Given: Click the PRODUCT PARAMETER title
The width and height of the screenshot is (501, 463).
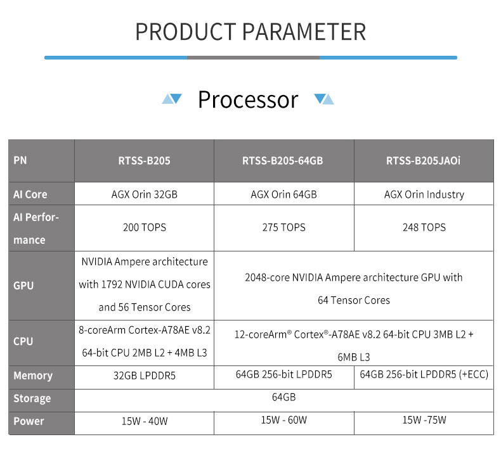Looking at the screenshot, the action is point(251,32).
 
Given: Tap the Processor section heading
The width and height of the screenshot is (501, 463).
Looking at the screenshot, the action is point(248,99).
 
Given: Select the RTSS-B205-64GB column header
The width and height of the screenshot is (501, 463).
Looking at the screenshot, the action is point(282,160).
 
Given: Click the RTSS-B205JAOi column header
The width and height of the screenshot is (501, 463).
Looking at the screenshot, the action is point(423,160).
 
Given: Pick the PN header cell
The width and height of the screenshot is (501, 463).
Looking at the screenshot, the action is point(20,160).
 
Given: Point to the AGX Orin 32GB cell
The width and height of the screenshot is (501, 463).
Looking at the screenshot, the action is point(144,194).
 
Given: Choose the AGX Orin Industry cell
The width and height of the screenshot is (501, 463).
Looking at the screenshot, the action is point(424,194).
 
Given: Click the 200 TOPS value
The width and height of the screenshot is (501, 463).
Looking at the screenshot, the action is point(145,227).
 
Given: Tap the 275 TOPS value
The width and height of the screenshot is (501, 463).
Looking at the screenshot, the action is point(283,227).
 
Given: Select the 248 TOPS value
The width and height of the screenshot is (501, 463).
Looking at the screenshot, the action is point(424,227).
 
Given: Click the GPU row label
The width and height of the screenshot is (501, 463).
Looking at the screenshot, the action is point(23,286).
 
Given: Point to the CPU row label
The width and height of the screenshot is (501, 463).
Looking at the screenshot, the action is point(23,341).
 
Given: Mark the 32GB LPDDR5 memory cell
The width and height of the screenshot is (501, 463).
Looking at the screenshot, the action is point(145,376).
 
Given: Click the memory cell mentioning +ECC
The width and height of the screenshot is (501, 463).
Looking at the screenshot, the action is point(424,374).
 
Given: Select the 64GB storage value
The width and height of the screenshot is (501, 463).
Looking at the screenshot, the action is point(283,397).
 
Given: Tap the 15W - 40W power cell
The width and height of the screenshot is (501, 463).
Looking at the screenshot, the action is point(145,421).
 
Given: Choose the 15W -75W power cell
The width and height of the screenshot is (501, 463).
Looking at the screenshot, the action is point(424,420).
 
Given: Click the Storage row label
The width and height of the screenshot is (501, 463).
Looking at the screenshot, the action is point(32,398).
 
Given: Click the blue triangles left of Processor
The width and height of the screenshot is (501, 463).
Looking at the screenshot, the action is point(172,99).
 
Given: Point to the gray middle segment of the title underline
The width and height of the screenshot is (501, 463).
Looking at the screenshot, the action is point(253,58).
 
